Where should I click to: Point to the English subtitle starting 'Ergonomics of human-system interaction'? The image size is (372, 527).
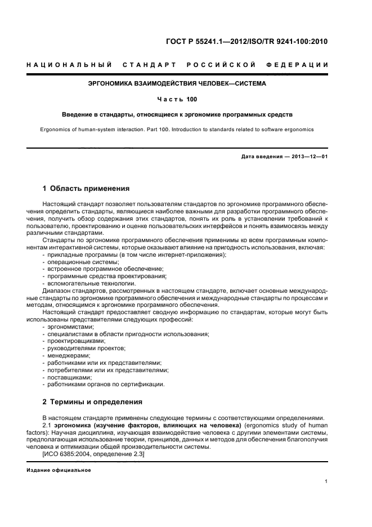(177, 129)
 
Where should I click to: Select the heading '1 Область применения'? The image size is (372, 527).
(86, 189)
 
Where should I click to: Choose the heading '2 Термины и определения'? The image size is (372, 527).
(93, 402)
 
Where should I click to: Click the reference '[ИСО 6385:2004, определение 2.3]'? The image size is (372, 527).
(93, 454)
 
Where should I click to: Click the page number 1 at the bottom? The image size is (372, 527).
(326, 481)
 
